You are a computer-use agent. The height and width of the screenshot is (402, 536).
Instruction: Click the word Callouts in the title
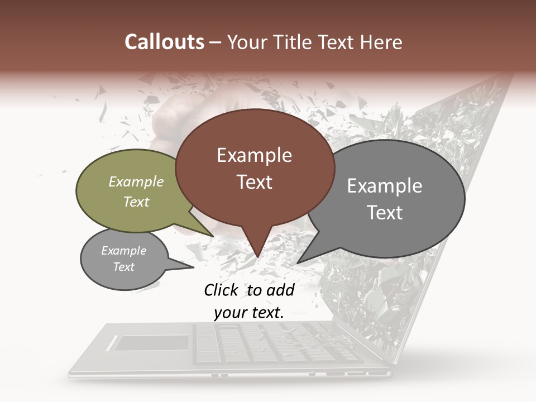coord(164,42)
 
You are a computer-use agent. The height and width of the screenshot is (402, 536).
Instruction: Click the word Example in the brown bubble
coord(254,155)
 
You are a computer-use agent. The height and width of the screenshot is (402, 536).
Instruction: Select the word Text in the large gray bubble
coord(385,213)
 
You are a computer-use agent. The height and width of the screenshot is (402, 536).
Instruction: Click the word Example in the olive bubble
coord(136,182)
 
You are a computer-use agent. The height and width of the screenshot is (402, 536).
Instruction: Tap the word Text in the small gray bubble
coord(124,267)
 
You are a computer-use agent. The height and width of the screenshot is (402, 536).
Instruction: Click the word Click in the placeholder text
coord(221,290)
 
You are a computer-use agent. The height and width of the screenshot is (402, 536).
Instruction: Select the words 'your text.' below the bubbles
coord(249,313)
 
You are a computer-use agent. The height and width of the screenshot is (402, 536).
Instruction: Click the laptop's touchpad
coord(151,343)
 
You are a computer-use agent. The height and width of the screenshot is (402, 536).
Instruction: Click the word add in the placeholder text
coord(280,290)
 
